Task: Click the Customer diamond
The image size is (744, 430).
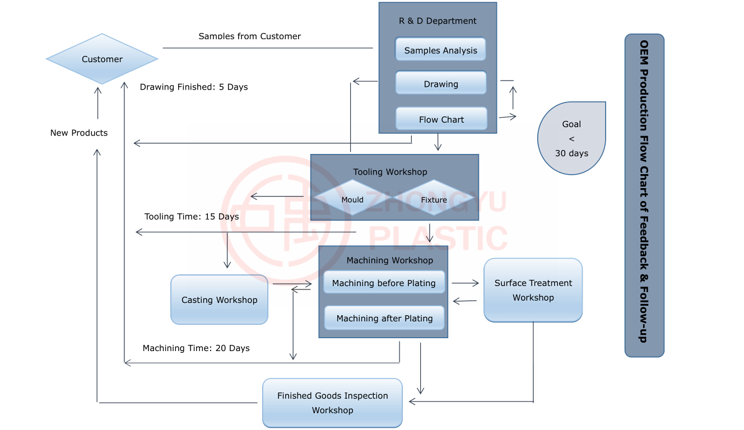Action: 102,59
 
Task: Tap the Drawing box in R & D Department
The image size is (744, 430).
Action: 441,83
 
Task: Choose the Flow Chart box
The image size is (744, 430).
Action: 441,119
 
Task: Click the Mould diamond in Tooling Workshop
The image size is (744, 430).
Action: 352,198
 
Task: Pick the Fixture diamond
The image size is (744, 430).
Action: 434,198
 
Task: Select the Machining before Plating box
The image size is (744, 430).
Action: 384,282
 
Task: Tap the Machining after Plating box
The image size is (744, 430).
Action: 384,318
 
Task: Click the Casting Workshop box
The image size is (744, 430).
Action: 219,300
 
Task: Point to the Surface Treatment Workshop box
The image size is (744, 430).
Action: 533,290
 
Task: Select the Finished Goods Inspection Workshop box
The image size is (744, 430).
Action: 332,403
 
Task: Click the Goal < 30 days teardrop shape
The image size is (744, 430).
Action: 571,138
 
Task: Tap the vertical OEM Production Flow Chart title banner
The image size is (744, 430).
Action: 644,195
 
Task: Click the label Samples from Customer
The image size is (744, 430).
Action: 249,36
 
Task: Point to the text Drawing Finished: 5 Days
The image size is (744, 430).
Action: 194,87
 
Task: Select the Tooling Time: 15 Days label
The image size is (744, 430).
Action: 192,217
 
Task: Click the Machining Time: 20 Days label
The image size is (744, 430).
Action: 196,348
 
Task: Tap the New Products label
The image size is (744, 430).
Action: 79,133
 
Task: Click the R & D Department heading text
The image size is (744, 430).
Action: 438,21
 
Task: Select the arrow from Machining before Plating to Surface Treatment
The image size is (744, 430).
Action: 465,283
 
